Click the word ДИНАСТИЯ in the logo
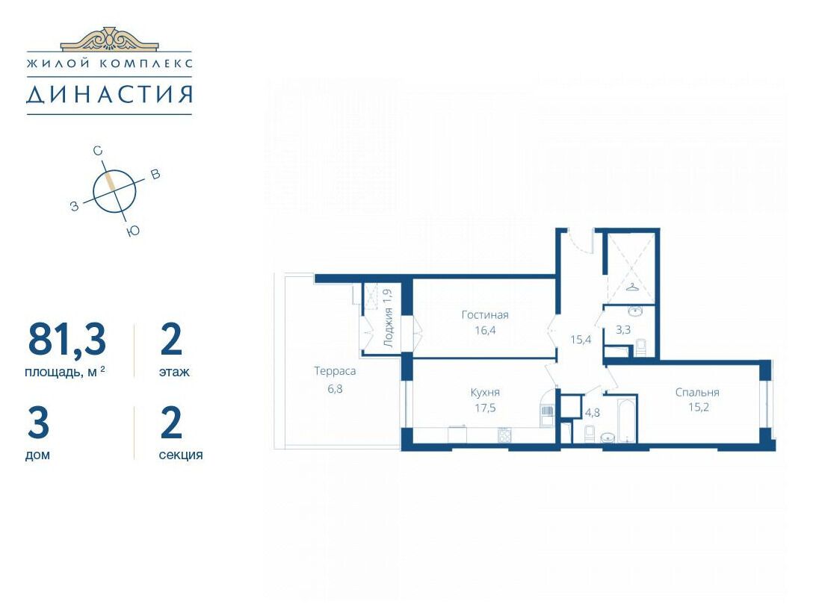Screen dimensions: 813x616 point(109,95)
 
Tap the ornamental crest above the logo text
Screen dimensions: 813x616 point(109,39)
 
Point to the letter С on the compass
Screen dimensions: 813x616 point(97,152)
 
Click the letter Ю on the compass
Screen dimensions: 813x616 point(133,231)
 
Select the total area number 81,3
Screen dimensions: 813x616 point(67,340)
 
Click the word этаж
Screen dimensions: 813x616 point(174,372)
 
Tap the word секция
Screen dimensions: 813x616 point(181,455)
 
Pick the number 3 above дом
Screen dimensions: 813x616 point(38,423)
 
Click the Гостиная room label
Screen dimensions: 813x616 point(485,315)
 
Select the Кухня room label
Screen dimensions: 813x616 point(485,393)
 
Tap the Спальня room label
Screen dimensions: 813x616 point(697,393)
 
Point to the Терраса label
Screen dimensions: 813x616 point(335,371)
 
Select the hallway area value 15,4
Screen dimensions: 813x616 point(581,340)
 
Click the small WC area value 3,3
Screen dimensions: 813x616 point(622,329)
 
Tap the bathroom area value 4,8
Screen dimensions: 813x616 point(592,412)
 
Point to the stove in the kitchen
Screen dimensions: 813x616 point(504,435)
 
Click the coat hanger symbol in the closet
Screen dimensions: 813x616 point(633,286)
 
